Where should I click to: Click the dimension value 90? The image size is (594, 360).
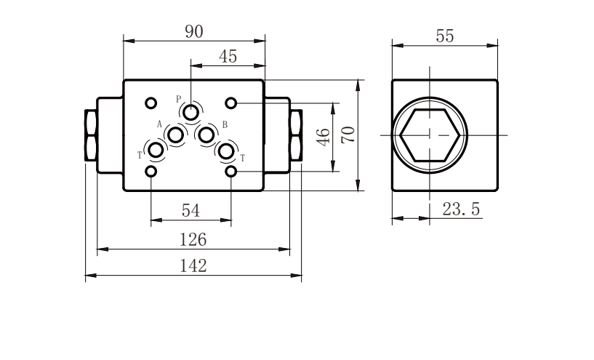tap(194, 31)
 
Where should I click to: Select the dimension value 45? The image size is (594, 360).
tap(228, 57)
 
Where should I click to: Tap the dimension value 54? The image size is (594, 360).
tap(190, 211)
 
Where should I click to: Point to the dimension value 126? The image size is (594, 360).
tap(193, 240)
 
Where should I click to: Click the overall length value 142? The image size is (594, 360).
tap(193, 266)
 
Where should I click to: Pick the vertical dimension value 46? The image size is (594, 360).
tap(323, 137)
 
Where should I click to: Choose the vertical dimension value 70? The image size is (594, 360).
tap(348, 135)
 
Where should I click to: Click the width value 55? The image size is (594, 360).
tap(445, 36)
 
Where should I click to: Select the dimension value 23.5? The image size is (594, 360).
tap(461, 209)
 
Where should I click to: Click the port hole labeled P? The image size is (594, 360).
tap(190, 113)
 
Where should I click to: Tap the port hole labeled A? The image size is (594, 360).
tap(176, 135)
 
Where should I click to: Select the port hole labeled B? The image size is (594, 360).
tap(206, 135)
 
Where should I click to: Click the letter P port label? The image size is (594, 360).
tap(178, 100)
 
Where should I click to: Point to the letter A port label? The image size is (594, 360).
tap(159, 124)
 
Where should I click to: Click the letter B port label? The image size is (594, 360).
tap(225, 124)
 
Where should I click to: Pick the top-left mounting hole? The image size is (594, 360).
tap(150, 103)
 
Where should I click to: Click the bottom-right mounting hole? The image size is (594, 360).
tap(230, 172)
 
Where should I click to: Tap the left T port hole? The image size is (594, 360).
tap(156, 151)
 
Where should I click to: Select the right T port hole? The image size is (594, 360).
tap(226, 151)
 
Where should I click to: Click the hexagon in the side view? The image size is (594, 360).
tap(430, 110)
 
